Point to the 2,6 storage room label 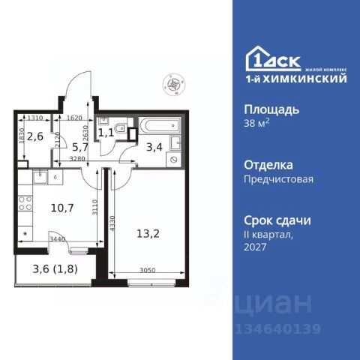click(34, 136)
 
